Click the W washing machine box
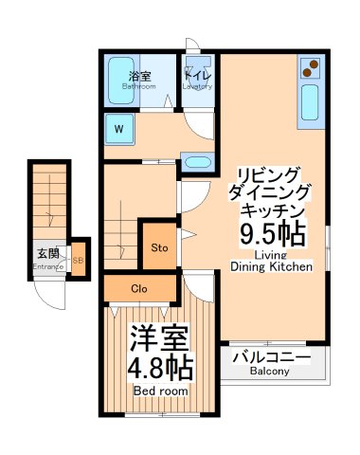click(119, 127)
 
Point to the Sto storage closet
click(159, 248)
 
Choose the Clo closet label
click(138, 287)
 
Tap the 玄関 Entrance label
click(47, 257)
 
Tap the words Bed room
click(159, 391)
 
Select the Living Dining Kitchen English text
click(271, 262)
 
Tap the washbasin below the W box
click(197, 160)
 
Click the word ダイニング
click(270, 190)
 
